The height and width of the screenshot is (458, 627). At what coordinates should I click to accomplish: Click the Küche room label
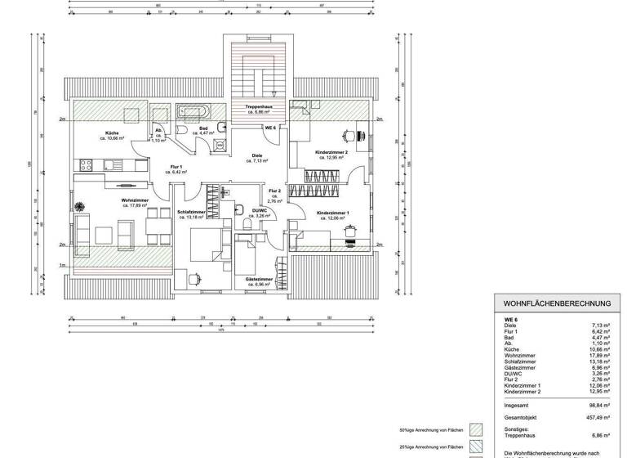[x=112, y=133]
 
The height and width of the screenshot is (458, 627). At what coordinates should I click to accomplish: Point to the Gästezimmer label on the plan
[x=259, y=279]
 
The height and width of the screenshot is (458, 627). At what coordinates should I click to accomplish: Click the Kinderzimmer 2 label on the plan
[x=331, y=153]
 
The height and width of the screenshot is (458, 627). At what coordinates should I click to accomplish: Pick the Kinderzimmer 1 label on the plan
[x=333, y=213]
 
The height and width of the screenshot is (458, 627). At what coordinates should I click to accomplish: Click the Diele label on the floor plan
[x=257, y=156]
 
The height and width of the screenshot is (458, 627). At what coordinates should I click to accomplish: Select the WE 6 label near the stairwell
[x=270, y=128]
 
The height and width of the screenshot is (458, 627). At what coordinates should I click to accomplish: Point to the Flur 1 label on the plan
[x=176, y=168]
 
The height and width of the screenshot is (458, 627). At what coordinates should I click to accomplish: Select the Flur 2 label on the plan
[x=275, y=191]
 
